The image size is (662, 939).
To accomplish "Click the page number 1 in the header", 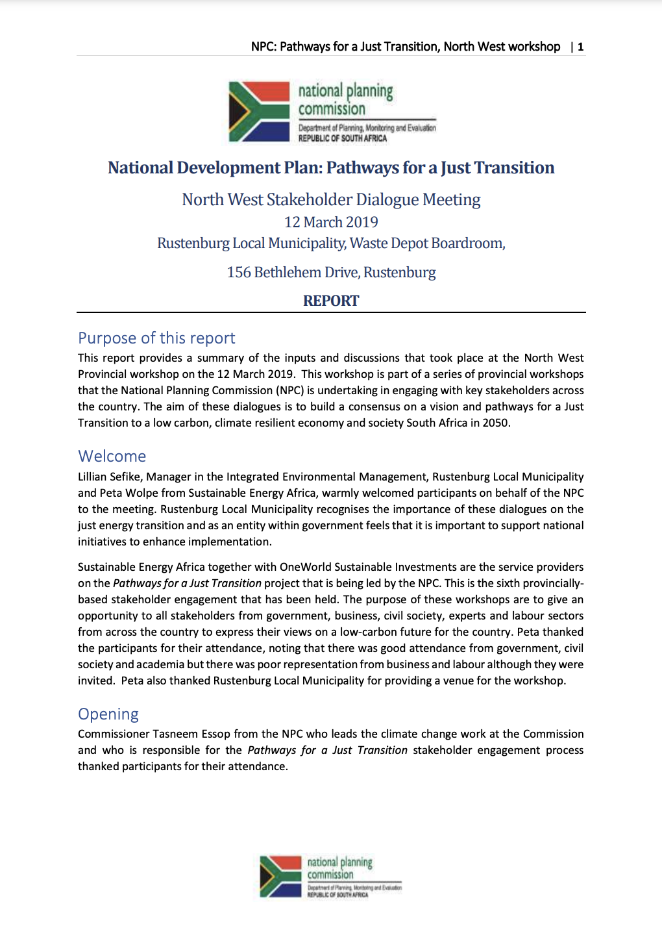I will [581, 47].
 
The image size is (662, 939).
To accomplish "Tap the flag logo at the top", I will [259, 112].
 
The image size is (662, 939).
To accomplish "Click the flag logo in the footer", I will [280, 876].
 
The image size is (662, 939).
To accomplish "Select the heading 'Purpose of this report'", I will [156, 338].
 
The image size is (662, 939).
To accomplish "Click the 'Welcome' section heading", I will [112, 456].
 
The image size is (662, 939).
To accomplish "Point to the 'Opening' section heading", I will [108, 714].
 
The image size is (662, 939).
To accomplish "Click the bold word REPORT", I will [331, 301].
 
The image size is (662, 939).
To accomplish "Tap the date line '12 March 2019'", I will [331, 222].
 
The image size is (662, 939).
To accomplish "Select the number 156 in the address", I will [239, 272].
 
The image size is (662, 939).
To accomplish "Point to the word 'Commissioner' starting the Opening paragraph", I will [114, 734].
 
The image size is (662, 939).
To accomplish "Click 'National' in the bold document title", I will [140, 168].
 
